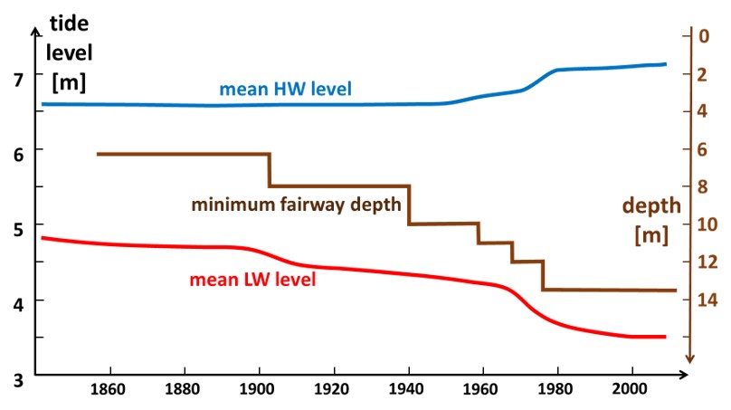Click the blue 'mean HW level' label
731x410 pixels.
pos(285,90)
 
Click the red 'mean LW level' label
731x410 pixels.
pos(252,280)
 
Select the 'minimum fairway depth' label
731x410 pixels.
pos(296,205)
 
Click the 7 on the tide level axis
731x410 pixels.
pos(20,80)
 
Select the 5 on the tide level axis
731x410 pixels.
pos(20,228)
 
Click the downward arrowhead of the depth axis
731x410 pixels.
pos(689,357)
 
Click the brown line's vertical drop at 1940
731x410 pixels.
pos(409,205)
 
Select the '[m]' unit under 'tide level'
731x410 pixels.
pos(69,84)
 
